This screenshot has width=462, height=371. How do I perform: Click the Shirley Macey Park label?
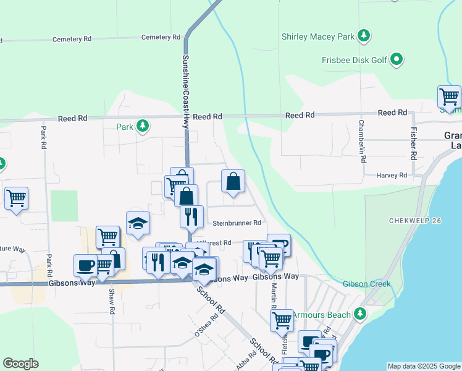coord(318,36)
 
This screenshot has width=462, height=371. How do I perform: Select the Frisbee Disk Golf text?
coord(354,60)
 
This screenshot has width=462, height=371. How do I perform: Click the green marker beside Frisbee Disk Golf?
coord(397,60)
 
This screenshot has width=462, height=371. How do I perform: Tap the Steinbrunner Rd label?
coord(237,223)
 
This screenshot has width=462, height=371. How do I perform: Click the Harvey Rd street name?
coord(392,176)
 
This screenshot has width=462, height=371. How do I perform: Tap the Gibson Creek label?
coord(367,284)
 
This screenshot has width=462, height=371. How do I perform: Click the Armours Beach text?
coord(321,315)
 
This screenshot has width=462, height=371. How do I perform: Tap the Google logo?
coord(20,364)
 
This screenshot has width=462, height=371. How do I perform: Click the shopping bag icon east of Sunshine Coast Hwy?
coord(233,182)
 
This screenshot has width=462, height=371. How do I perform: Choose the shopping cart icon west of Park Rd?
coord(16,198)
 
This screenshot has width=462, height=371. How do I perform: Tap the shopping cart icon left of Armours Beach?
coord(282,320)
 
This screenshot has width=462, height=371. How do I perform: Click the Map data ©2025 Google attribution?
coord(423,366)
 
